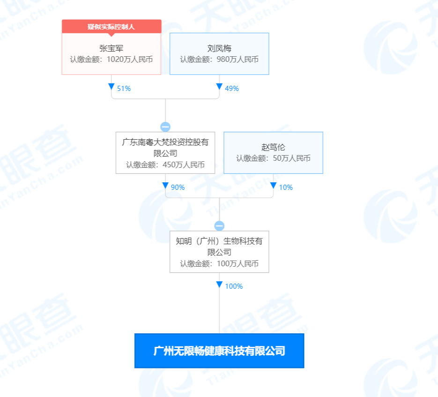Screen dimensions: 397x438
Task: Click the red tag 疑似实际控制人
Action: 111,27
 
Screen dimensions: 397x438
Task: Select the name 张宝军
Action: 111,48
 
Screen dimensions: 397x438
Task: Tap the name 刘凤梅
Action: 219,48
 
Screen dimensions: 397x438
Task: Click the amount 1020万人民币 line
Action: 111,60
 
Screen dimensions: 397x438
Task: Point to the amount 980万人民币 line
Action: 219,60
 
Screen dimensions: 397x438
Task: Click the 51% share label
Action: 124,89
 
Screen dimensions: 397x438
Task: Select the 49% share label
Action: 232,89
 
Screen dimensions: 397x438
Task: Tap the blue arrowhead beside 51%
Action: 111,87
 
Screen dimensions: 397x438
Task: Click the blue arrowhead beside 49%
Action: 219,87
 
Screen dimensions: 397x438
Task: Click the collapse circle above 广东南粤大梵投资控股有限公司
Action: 165,127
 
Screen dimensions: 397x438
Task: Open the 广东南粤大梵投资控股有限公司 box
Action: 165,153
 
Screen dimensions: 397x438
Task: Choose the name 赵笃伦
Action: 273,147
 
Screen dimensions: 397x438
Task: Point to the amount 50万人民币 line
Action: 273,158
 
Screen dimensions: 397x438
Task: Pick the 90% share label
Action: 178,187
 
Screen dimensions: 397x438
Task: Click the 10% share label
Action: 286,187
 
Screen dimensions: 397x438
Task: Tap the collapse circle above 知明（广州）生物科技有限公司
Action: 219,226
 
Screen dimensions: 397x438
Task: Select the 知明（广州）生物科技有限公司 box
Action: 219,252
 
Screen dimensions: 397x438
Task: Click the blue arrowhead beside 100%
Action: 219,285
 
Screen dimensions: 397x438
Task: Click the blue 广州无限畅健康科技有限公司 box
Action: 219,351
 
